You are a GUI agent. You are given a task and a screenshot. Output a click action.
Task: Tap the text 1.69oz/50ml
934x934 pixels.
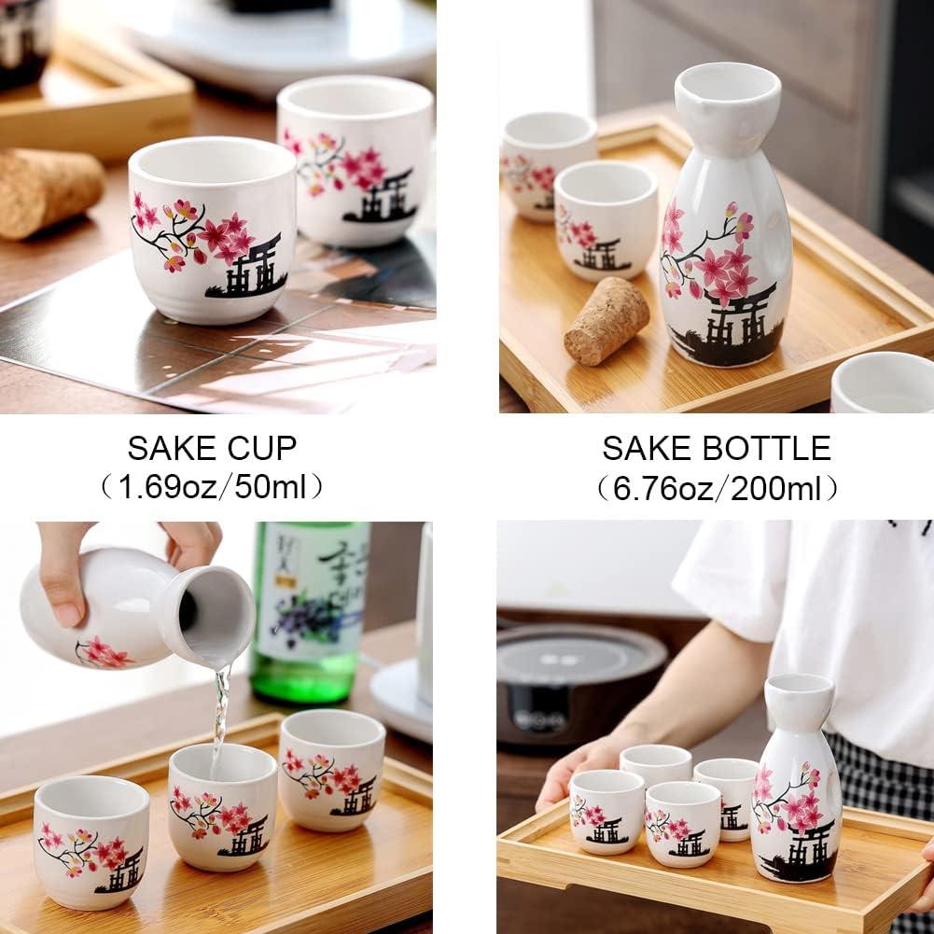[213, 486]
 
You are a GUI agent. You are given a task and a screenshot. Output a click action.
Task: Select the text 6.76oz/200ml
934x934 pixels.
[717, 488]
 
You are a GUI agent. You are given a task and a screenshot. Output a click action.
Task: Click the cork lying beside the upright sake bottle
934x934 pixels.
[606, 320]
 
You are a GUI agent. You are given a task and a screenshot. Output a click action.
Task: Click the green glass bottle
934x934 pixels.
[308, 606]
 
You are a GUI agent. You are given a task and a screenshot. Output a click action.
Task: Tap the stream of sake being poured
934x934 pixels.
[220, 714]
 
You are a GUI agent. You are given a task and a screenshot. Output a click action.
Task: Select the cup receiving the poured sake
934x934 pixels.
[222, 807]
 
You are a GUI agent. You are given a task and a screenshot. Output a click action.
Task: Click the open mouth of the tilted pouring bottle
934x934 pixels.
[216, 616]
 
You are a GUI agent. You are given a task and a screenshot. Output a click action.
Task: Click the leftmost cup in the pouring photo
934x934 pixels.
[91, 840]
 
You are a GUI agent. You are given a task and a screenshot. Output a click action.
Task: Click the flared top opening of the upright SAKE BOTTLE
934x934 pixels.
[728, 84]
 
